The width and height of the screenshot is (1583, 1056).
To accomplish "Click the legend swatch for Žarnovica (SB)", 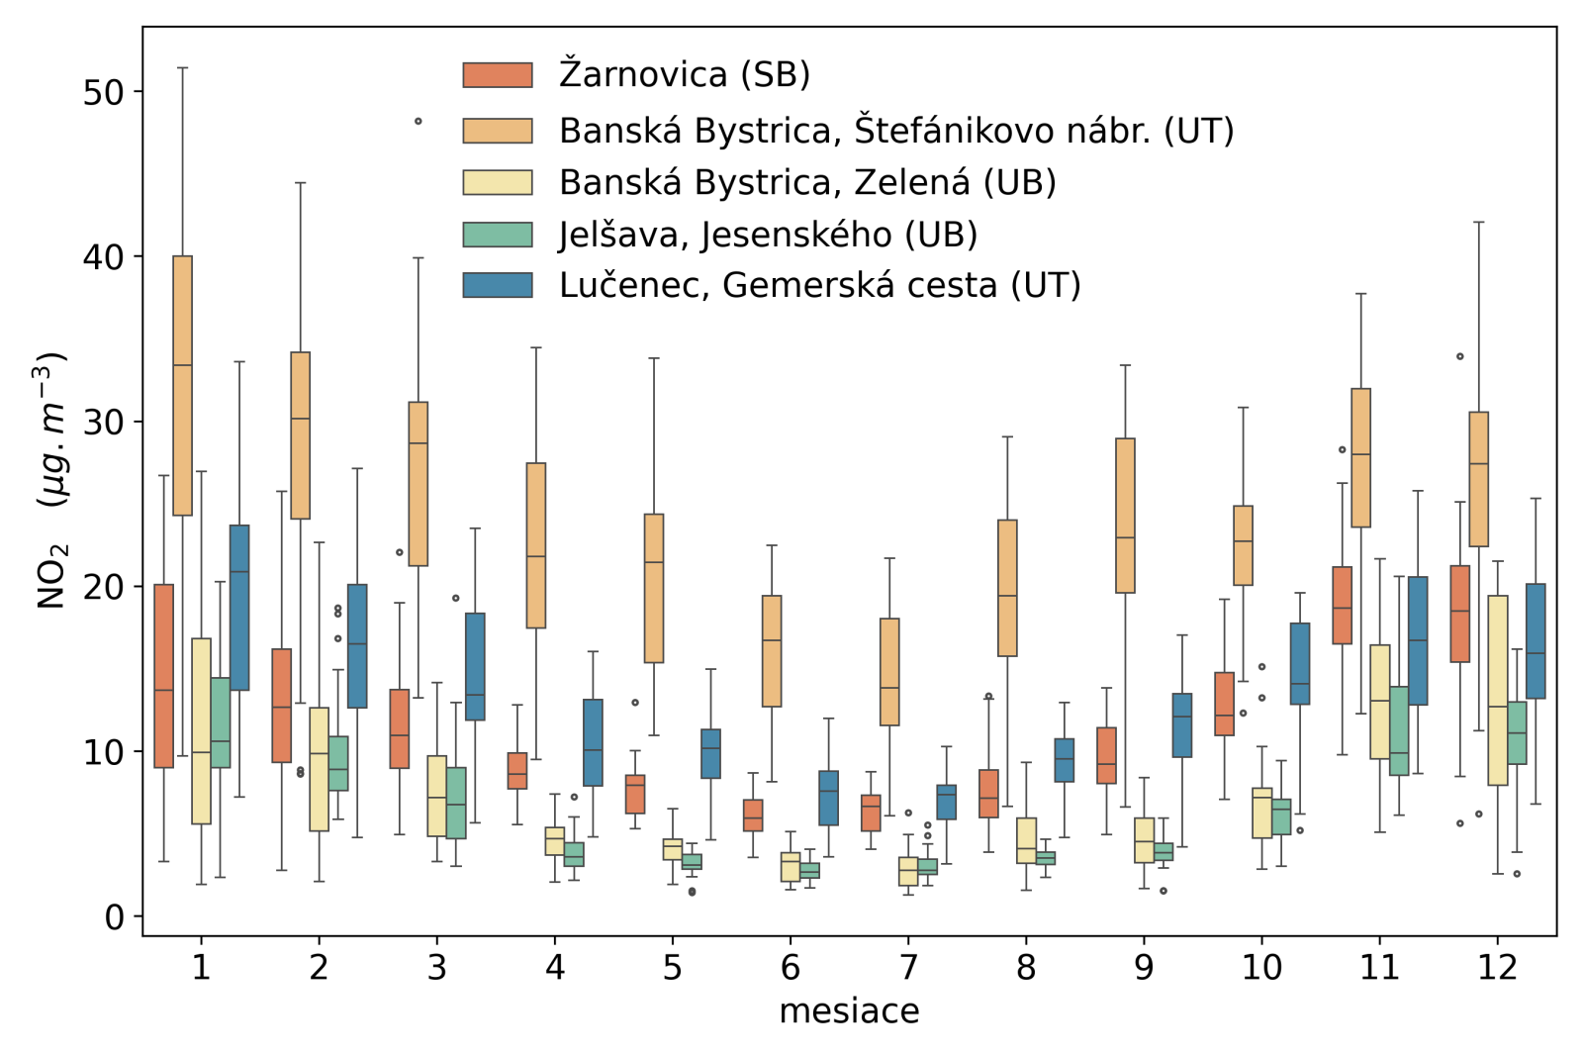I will [498, 74].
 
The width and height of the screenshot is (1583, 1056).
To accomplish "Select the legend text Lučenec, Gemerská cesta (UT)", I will [819, 285].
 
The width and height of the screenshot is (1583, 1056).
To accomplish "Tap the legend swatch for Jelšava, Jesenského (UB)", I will [498, 235].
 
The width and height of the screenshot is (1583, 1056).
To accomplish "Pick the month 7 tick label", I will [908, 967].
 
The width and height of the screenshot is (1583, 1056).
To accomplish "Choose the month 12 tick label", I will [1497, 967].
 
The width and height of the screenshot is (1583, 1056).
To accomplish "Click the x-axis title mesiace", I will [849, 1011].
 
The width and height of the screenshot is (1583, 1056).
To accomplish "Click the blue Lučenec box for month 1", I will [239, 608].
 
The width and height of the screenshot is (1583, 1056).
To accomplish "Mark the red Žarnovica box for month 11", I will [1342, 606].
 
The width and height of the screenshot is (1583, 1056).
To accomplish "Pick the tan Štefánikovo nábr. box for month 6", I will [772, 651].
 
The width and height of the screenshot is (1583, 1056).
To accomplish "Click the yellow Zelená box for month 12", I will [1497, 690].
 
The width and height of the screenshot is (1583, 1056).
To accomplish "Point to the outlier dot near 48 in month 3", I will [419, 122].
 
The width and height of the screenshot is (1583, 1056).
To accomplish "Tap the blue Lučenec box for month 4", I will [593, 742].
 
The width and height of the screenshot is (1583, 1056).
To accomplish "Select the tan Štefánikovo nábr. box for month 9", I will [1125, 516].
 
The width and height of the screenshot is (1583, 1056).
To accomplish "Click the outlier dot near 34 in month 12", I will [1459, 356].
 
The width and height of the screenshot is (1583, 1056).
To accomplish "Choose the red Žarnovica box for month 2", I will [281, 706].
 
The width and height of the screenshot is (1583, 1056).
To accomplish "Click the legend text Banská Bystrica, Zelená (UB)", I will [807, 182].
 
